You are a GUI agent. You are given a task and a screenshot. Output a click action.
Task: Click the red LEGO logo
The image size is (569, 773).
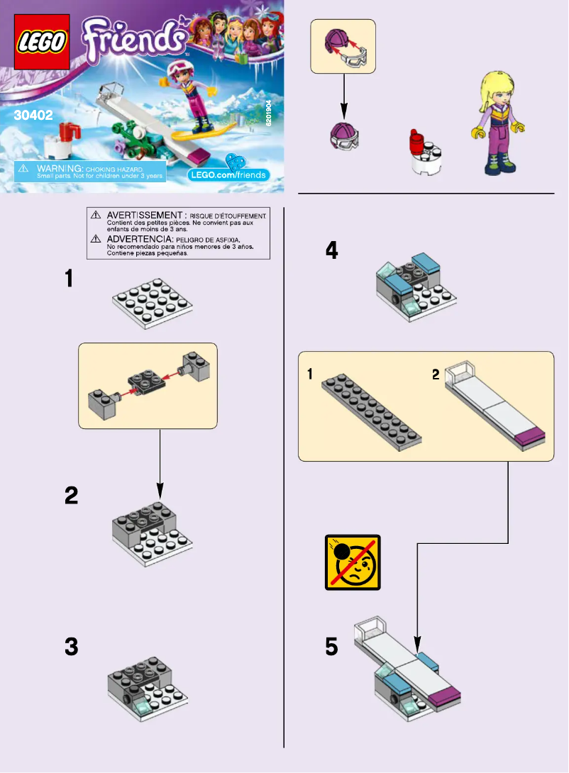[x=42, y=42]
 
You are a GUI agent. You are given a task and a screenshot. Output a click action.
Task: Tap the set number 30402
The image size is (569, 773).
[x=33, y=116]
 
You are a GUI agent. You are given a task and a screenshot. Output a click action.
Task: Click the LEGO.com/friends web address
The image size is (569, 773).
[x=228, y=175]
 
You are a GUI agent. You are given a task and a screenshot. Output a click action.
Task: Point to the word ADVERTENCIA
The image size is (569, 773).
[x=140, y=239]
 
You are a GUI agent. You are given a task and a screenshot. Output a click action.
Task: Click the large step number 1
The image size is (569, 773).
[x=69, y=278]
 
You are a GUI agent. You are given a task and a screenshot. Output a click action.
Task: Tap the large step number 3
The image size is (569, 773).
[x=72, y=646]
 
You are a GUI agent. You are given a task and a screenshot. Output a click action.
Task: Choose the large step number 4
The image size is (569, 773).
[x=332, y=250]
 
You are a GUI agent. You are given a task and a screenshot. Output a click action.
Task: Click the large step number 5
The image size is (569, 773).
[x=332, y=646]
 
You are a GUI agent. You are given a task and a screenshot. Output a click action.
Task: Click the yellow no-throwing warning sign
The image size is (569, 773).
[x=353, y=562]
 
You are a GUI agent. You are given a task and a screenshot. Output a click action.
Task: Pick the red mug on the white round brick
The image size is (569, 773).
[x=416, y=142]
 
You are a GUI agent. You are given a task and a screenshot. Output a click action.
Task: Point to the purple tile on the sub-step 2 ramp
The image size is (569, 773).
[x=530, y=437]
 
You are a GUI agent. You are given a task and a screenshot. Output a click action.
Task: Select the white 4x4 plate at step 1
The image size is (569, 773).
[x=153, y=304]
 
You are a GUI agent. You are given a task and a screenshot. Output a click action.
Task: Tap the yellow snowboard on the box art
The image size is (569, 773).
[x=204, y=133]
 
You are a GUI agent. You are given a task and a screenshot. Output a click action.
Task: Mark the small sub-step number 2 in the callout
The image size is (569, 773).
[x=436, y=374]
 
